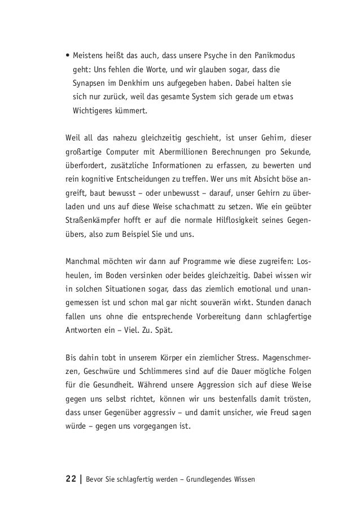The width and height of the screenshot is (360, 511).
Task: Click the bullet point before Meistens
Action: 67,56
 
